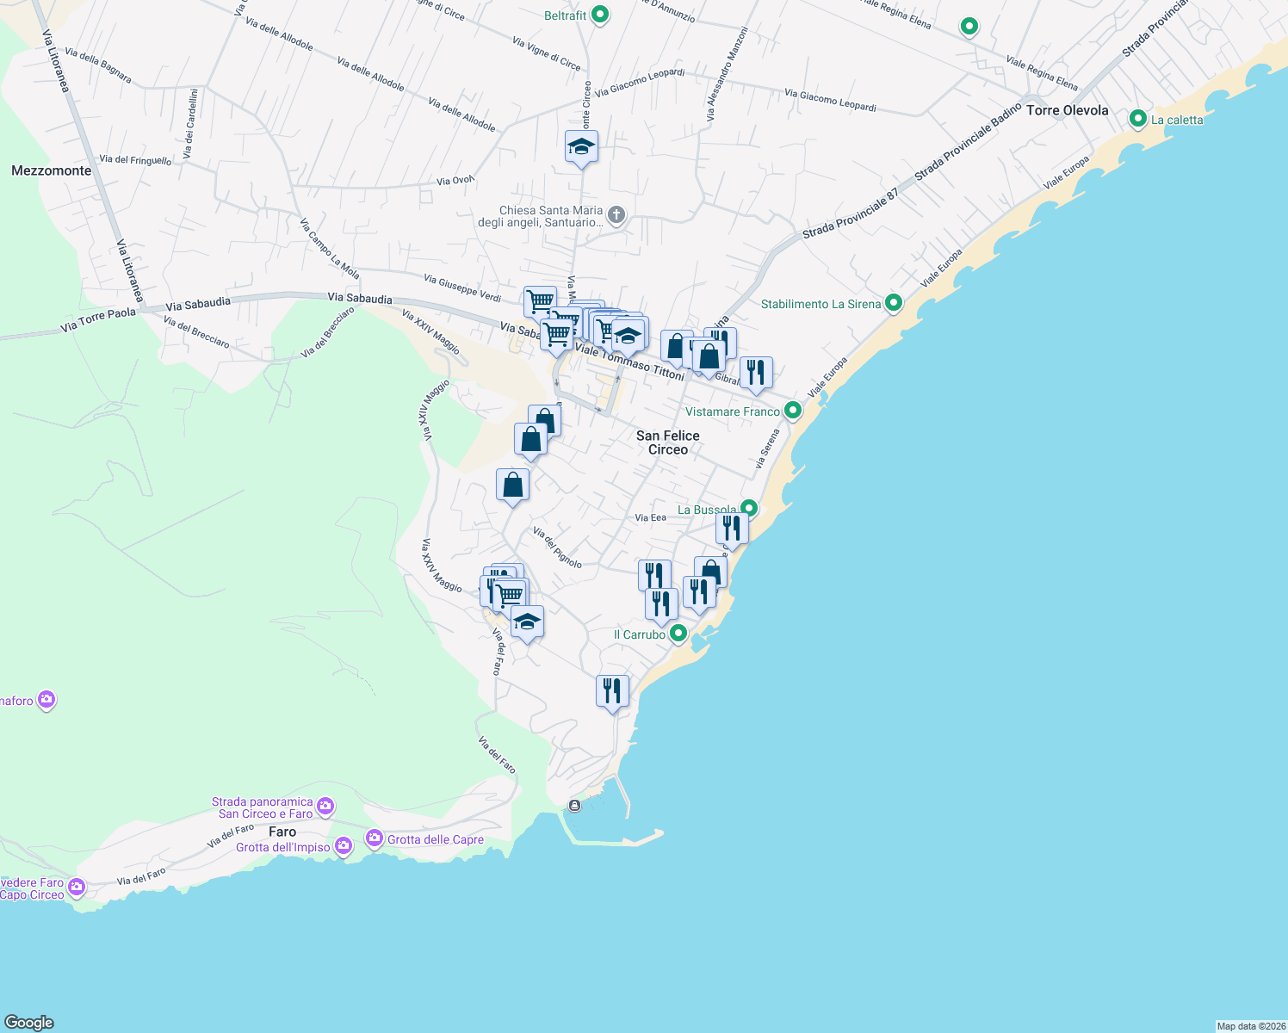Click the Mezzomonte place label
point(52,170)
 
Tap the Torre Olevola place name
point(1067,110)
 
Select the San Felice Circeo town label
point(668,442)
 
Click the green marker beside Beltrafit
point(601,15)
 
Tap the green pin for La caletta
point(1138,119)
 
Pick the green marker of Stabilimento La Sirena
point(894,303)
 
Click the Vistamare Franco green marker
point(793,411)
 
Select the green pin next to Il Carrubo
point(678,634)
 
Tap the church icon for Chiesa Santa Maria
point(616,214)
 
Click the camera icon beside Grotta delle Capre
point(375,838)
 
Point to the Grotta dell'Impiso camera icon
point(344,846)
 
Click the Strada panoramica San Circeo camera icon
point(325,807)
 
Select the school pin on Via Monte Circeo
point(582,147)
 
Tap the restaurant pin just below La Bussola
point(732,528)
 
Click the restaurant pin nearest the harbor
point(612,690)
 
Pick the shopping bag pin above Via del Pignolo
point(513,485)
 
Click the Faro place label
point(282,832)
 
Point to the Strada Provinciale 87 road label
point(851,213)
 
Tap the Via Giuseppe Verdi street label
point(462,288)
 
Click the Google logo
point(29,1023)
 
